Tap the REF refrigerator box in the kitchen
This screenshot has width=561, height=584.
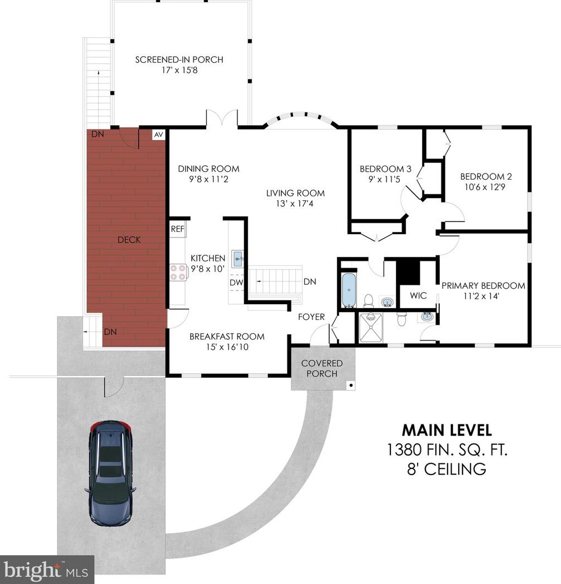point(177,229)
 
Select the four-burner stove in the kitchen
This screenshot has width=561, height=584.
point(178,272)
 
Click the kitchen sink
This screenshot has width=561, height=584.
point(237,259)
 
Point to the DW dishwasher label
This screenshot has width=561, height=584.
point(236,283)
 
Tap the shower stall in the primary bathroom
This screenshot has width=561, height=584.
point(371,328)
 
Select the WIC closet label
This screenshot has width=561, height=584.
point(418,296)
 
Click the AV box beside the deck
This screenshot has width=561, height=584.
point(158,135)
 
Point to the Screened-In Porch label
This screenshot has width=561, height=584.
point(179,60)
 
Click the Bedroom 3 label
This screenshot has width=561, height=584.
point(385,169)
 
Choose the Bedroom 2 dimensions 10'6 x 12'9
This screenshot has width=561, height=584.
point(485,187)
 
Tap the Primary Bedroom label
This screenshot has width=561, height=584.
point(483,286)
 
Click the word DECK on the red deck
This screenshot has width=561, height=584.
point(129,240)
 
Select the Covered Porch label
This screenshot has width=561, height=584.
point(322,368)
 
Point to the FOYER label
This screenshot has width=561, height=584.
point(311,317)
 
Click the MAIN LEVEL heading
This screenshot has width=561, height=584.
point(446,430)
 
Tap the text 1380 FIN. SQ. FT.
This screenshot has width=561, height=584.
point(447,450)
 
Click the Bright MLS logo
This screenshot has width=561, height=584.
point(47,570)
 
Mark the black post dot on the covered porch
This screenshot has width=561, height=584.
point(351,385)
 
